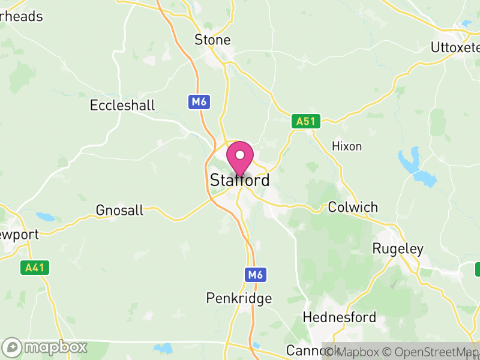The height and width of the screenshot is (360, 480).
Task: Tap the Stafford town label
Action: (x=239, y=180)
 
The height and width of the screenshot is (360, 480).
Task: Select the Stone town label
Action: (x=212, y=40)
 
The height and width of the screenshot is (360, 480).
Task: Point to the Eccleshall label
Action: (x=122, y=106)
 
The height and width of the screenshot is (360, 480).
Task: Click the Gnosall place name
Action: (x=119, y=211)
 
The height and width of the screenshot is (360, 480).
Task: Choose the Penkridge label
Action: (x=239, y=298)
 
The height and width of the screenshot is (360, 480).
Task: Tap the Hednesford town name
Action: (x=340, y=317)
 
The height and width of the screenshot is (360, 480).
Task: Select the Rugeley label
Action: (x=398, y=248)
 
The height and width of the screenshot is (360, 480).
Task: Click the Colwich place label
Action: (x=353, y=208)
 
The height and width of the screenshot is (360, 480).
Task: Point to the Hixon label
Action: (x=347, y=146)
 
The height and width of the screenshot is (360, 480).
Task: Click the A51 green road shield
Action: (x=306, y=122)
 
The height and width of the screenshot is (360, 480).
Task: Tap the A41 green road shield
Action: (x=37, y=268)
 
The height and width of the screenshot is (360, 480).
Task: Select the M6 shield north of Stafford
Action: (x=199, y=102)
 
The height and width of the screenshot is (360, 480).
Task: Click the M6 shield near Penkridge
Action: (x=255, y=275)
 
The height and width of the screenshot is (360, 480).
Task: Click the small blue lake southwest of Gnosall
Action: (x=43, y=216)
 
